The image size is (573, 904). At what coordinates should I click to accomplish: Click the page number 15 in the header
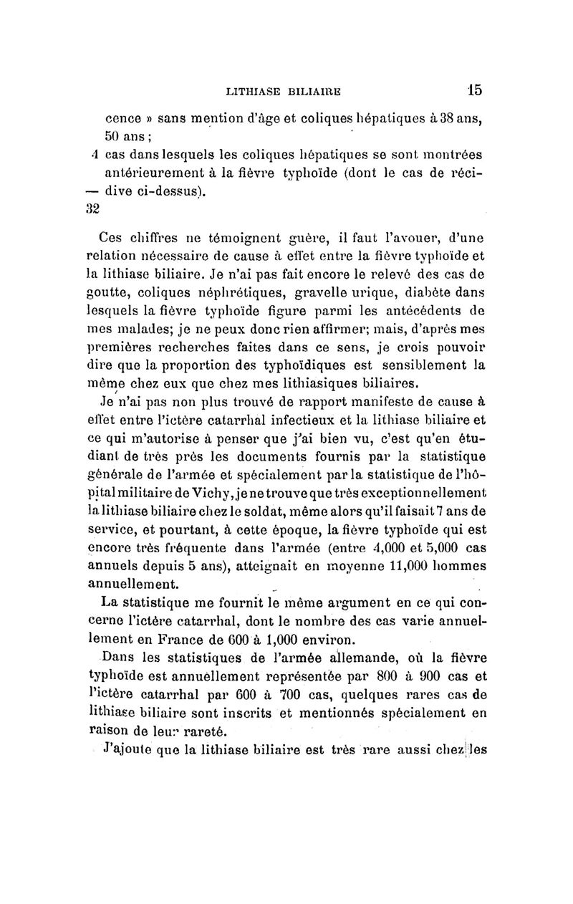[473, 90]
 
